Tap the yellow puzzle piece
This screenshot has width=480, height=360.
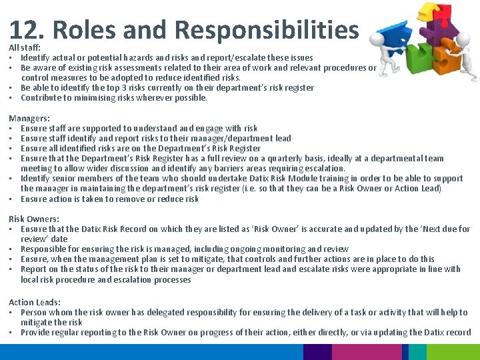(427, 13)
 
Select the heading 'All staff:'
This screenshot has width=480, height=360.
(25, 48)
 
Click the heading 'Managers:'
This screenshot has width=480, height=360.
(29, 118)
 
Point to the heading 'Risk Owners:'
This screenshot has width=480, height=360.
(34, 219)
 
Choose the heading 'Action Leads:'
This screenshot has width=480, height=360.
(35, 302)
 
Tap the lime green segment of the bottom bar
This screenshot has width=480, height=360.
(453, 351)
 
